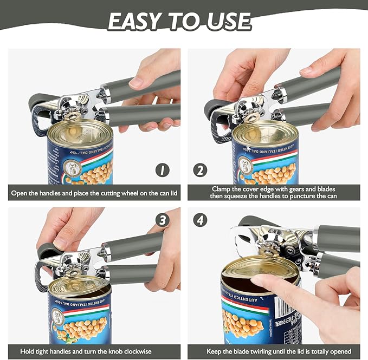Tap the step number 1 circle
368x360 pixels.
point(162,171)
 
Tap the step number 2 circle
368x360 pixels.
point(201,171)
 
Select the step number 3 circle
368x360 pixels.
point(162,220)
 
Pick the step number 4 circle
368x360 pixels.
point(201,220)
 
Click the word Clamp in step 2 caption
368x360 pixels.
point(222,188)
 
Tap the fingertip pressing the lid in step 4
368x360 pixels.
point(258,280)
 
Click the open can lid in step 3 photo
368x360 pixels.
point(79,285)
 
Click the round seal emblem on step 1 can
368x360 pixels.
point(70,167)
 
